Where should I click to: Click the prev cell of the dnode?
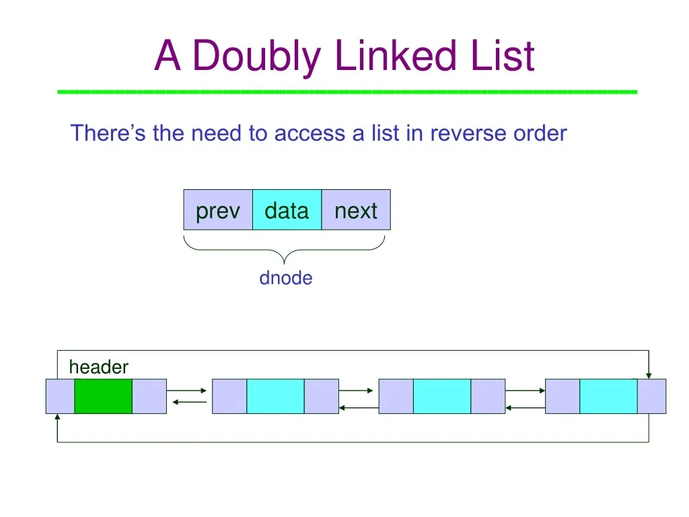[218, 211]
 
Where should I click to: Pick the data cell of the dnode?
[287, 211]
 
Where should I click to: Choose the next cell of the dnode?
[356, 211]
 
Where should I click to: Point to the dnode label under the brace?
[286, 278]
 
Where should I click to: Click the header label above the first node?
[98, 367]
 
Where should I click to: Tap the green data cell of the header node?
[103, 396]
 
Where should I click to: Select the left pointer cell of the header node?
[60, 396]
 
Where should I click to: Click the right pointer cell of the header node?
[149, 396]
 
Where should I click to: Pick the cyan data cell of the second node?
[275, 396]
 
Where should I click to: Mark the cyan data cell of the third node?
[441, 396]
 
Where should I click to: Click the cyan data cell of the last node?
[608, 396]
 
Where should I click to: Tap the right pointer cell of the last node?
[651, 396]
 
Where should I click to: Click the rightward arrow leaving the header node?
[188, 390]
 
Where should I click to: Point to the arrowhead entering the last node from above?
[649, 374]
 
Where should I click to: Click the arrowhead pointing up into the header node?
[57, 417]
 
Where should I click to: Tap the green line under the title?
[347, 91]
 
